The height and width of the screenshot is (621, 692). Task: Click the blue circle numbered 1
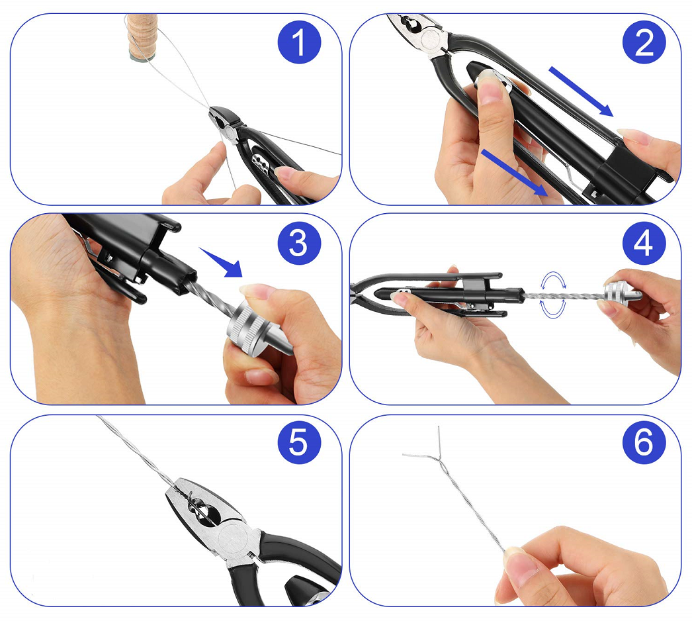[299, 42]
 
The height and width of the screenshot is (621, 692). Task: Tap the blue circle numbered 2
[644, 42]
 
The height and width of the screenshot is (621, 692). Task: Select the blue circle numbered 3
[299, 244]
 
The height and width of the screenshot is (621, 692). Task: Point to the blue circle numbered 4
[644, 244]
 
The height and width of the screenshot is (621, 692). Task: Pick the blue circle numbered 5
[299, 442]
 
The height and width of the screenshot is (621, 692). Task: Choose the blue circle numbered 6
[644, 442]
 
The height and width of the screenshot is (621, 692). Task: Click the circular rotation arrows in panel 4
[554, 295]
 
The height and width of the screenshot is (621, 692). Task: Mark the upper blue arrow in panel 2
[582, 91]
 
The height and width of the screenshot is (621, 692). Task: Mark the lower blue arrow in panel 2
[514, 172]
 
